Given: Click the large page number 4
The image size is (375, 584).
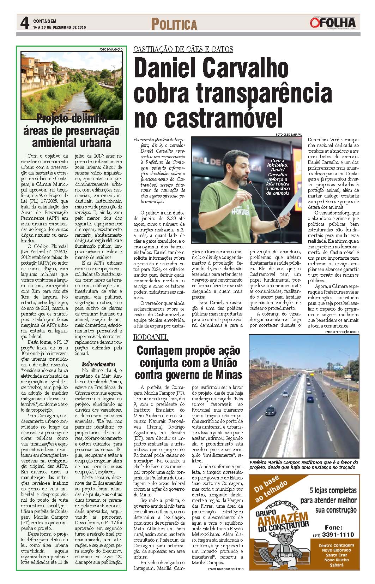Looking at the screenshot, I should pyautogui.click(x=24, y=24).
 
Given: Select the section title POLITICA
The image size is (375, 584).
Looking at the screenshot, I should pyautogui.click(x=174, y=24).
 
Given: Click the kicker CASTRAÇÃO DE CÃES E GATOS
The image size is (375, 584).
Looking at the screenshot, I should pyautogui.click(x=183, y=49).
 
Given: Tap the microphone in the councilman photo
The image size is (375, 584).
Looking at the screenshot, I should pyautogui.click(x=250, y=182).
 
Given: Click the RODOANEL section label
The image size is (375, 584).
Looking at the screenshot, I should pyautogui.click(x=151, y=337).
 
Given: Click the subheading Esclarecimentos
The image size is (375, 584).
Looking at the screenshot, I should pyautogui.click(x=98, y=364).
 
